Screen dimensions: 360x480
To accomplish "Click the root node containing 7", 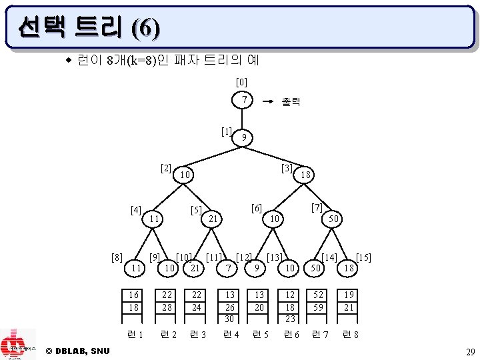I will pos(245,99).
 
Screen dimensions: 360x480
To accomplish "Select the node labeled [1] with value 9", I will pos(245,137).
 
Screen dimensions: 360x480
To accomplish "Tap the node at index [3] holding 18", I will pos(306,174).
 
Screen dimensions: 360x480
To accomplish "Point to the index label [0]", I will pos(242,82).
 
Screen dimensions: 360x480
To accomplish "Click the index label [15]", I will pos(364,257).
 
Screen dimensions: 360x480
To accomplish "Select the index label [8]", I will pos(117,257).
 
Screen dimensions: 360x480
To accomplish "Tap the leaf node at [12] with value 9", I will pos(255,267).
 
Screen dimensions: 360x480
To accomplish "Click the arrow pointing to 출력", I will pos(267,102).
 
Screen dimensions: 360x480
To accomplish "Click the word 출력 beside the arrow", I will pos(291,102).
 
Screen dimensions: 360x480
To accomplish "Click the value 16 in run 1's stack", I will pos(135,294).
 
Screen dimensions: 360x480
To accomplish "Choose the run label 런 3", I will pos(198,334).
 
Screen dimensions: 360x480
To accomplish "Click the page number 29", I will pos(469,351).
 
